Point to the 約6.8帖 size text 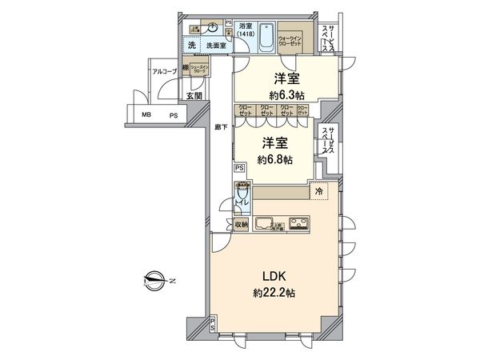[x=274, y=159]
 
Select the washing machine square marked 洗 [x=192, y=46]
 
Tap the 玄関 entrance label [x=194, y=97]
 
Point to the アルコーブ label [x=165, y=72]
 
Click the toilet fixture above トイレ [x=242, y=193]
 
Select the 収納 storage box [x=241, y=224]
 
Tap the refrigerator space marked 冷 [x=318, y=192]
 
